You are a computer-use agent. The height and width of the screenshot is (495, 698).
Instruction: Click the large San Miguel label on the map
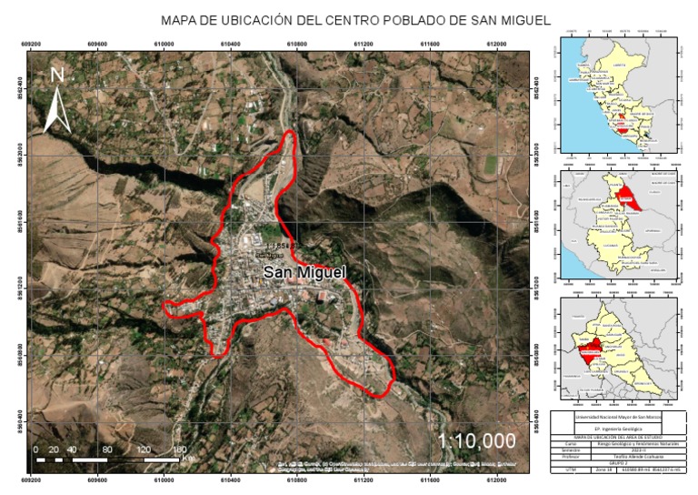point(305,272)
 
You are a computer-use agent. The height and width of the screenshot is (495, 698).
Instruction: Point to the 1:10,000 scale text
point(476,440)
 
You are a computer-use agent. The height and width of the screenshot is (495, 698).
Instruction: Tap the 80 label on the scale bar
point(108,450)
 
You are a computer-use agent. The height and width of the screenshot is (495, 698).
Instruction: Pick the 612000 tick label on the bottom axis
point(496,479)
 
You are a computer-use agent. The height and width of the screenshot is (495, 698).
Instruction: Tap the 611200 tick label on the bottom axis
point(364,479)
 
